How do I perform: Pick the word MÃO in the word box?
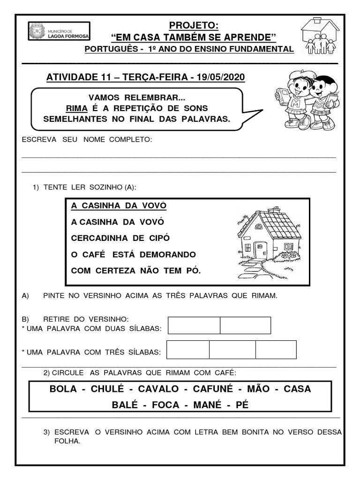coord(259,389)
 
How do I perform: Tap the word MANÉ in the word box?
coord(207,405)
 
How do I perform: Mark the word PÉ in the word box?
coord(242,405)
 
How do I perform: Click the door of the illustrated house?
coord(260,250)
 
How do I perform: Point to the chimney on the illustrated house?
coord(274,209)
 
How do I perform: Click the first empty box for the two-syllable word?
coord(194,325)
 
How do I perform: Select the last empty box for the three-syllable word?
coord(276,350)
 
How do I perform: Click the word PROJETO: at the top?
coord(194,25)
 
